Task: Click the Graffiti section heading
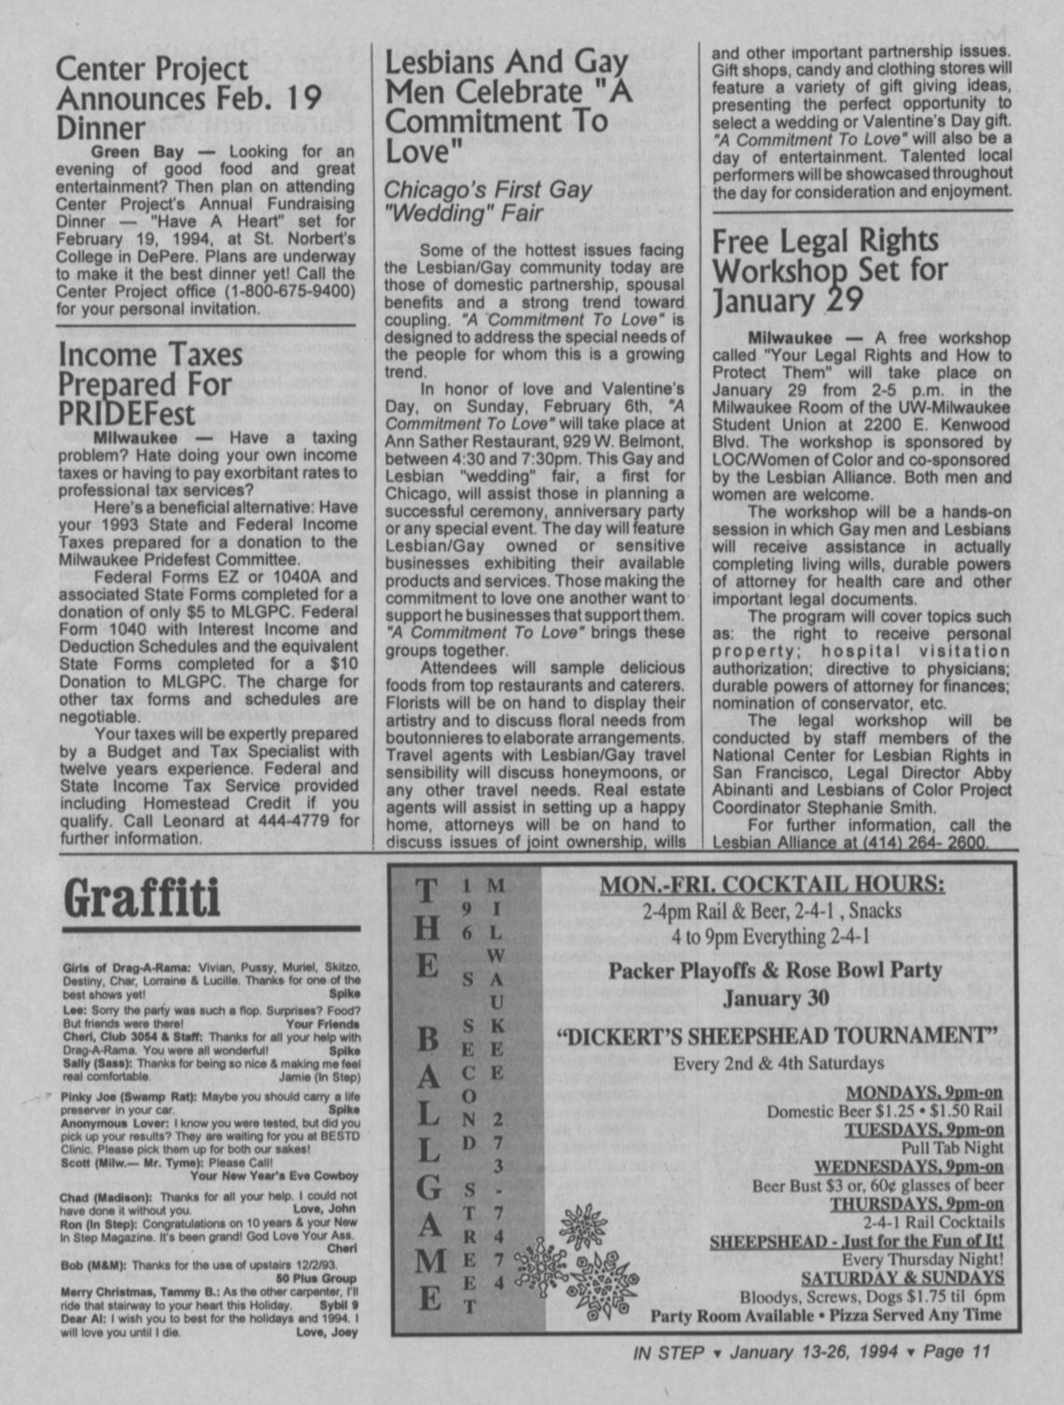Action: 142,898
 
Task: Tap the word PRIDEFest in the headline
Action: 127,414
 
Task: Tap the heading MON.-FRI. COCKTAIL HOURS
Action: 771,884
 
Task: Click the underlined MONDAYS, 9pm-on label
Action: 924,1093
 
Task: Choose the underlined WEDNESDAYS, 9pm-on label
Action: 908,1167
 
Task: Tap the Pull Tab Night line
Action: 952,1148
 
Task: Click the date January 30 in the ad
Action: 776,998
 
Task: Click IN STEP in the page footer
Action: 667,1351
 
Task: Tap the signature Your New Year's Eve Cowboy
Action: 274,1176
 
